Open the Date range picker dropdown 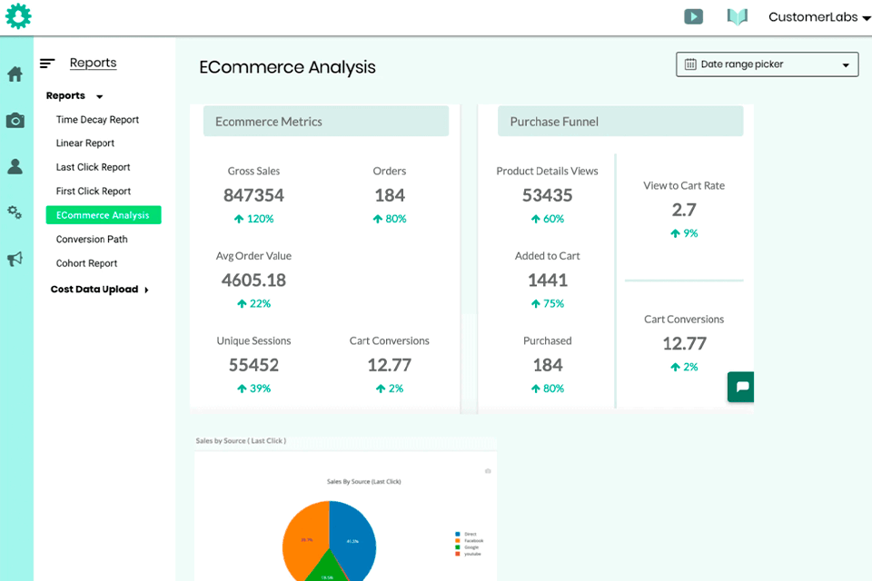click(x=767, y=64)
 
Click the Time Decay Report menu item click(x=97, y=120)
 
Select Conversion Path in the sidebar click(x=92, y=240)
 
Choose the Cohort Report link click(x=86, y=263)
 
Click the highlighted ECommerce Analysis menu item click(x=103, y=215)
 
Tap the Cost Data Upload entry click(x=94, y=290)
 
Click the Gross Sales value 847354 click(x=253, y=195)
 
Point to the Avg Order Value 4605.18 click(x=253, y=280)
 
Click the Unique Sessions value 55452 click(x=253, y=365)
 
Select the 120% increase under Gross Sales click(x=253, y=219)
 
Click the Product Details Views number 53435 click(x=547, y=195)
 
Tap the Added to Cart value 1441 click(x=547, y=280)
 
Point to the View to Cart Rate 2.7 click(x=683, y=210)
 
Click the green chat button click(x=741, y=387)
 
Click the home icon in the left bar click(x=15, y=74)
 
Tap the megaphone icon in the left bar click(x=15, y=260)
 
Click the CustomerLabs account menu click(x=818, y=17)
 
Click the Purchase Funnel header click(x=619, y=122)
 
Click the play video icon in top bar click(x=693, y=16)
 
